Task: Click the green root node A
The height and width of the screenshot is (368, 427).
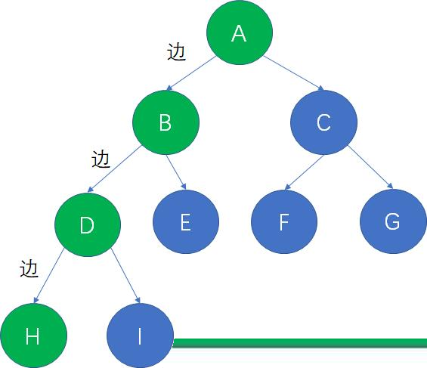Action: click(240, 32)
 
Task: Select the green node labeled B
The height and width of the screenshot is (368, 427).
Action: click(166, 122)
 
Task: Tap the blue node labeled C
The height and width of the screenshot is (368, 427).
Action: click(323, 122)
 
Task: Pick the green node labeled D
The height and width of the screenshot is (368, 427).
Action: click(88, 225)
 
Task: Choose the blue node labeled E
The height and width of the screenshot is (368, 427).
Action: click(186, 222)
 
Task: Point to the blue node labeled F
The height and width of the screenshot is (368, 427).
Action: click(284, 222)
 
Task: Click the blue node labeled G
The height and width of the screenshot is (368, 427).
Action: click(393, 221)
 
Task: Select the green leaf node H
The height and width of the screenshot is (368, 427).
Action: click(33, 336)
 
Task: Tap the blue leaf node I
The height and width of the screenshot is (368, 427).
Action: click(140, 336)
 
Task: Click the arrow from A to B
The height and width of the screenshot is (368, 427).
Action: click(191, 73)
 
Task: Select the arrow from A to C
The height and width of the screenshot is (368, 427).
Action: click(294, 73)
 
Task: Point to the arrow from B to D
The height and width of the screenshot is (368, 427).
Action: click(114, 169)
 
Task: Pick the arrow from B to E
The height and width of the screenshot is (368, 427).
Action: click(176, 172)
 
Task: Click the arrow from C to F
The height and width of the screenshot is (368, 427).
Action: click(304, 172)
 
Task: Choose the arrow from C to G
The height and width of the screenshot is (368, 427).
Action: click(370, 167)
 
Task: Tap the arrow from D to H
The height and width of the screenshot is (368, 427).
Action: click(48, 276)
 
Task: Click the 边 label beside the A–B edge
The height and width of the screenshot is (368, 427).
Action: click(176, 51)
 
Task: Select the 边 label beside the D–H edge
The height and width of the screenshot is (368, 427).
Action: click(29, 268)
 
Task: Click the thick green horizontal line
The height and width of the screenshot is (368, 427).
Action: click(300, 343)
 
